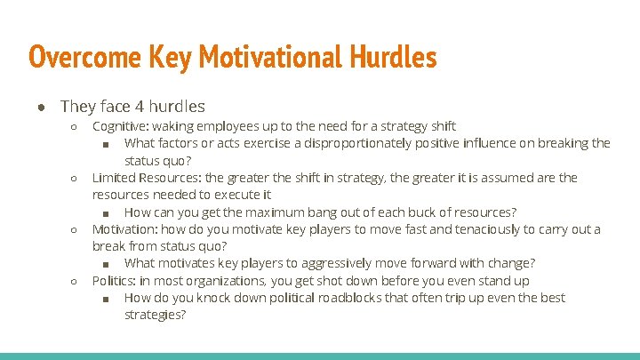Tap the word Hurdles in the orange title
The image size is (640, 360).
[392, 58]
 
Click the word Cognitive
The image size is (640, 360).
[121, 126]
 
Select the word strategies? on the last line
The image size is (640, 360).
[156, 315]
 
